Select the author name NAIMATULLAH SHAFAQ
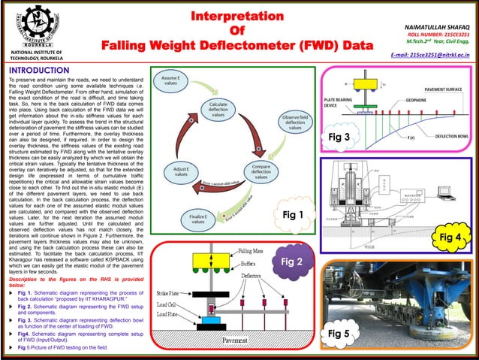click(x=435, y=26)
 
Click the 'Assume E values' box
click(x=171, y=81)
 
